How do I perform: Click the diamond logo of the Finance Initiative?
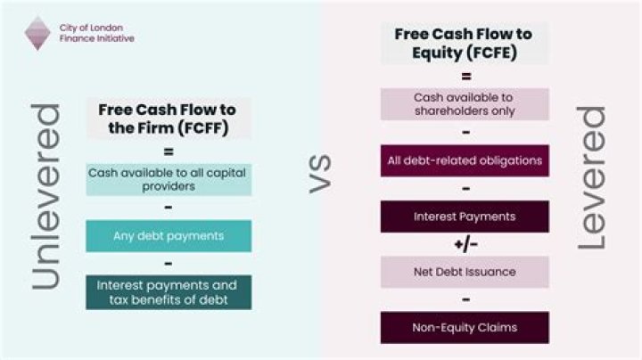(37, 32)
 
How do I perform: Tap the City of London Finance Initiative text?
(96, 33)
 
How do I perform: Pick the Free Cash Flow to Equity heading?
(464, 43)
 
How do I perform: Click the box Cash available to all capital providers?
(168, 178)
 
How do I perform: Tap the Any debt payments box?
(168, 236)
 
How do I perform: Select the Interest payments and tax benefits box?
(168, 292)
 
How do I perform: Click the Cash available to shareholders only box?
(465, 103)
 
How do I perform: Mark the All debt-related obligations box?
(465, 160)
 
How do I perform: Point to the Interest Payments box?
(465, 217)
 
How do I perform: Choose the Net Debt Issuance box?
(465, 271)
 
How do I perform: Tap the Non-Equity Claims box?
(465, 327)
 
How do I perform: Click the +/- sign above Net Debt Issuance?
(465, 244)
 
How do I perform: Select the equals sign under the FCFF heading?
(168, 151)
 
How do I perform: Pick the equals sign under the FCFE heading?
(465, 76)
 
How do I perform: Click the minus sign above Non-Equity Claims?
(465, 300)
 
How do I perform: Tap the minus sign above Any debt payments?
(168, 209)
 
